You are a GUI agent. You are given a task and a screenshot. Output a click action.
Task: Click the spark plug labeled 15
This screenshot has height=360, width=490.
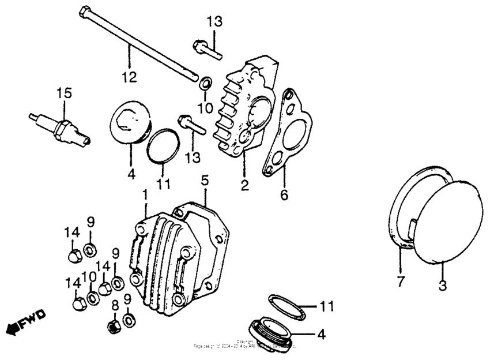click(60, 127)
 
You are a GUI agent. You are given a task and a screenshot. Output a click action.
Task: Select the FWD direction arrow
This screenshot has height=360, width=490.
click(25, 325)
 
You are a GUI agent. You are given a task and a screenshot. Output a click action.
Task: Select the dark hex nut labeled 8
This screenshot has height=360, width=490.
click(114, 325)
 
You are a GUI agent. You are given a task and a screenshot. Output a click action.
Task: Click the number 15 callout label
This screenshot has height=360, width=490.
click(62, 93)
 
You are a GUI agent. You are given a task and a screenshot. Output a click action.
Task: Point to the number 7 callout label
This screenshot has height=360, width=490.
click(400, 283)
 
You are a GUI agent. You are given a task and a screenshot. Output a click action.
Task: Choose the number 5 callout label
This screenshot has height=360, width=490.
click(205, 181)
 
